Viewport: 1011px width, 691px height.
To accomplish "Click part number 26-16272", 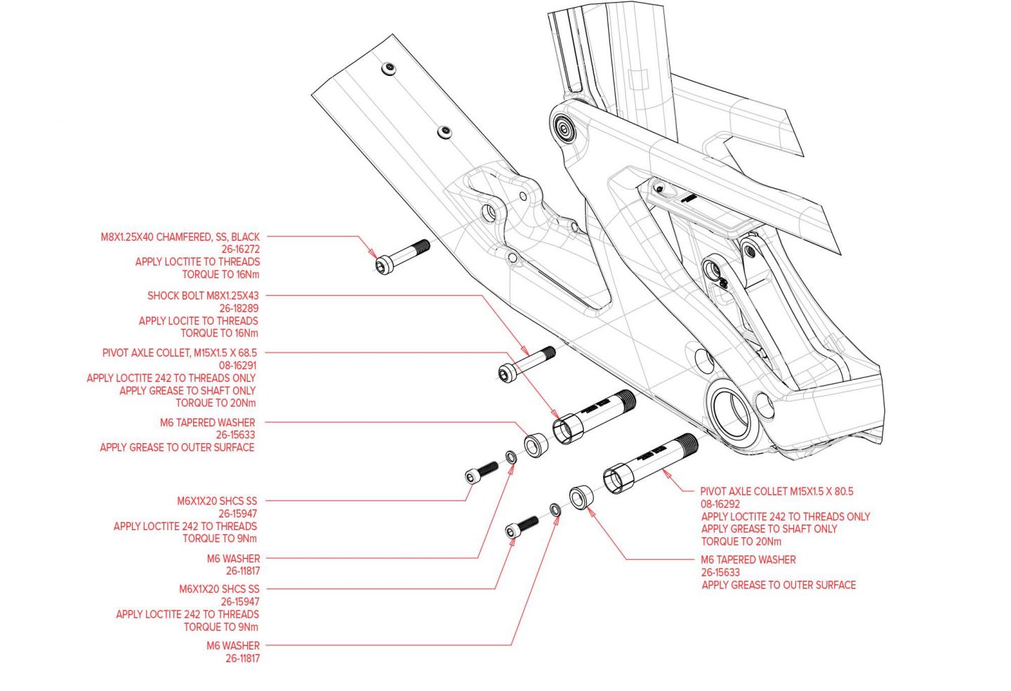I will (240, 249).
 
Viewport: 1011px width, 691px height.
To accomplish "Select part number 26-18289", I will (239, 308).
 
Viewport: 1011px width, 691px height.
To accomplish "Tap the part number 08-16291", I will (238, 366).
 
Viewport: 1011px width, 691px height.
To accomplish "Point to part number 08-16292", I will (720, 504).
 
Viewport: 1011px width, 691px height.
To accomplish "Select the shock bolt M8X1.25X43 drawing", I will (527, 362).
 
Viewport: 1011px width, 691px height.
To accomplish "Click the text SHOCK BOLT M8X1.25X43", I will (203, 296).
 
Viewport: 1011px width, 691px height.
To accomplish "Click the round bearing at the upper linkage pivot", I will (564, 128).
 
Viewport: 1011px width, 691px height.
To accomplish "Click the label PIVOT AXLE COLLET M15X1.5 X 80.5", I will (777, 492).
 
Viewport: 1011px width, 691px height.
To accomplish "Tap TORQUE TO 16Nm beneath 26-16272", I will (220, 275).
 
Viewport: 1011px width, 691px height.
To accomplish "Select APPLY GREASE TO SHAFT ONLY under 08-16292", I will (769, 529).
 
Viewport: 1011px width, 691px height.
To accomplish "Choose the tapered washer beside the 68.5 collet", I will (537, 445).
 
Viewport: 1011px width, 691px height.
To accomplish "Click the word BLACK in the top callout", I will (245, 237).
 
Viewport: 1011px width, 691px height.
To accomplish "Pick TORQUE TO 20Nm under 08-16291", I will (216, 403).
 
